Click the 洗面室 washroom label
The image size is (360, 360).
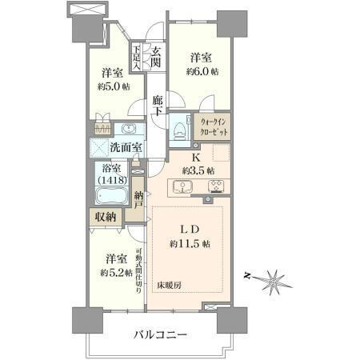[126, 147]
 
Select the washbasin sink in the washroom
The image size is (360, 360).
[128, 129]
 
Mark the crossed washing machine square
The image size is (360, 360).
[100, 148]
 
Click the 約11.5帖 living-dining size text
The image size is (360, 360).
[190, 242]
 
